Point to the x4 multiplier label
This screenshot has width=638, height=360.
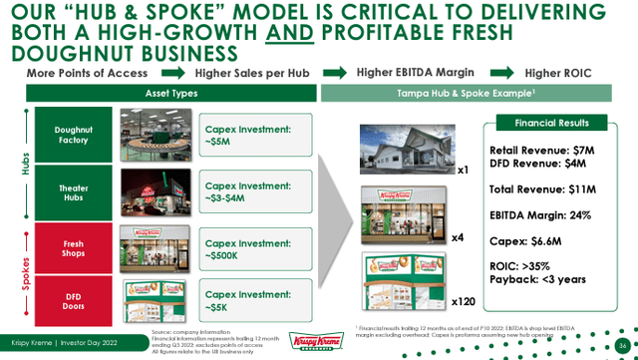[x=458, y=238]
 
